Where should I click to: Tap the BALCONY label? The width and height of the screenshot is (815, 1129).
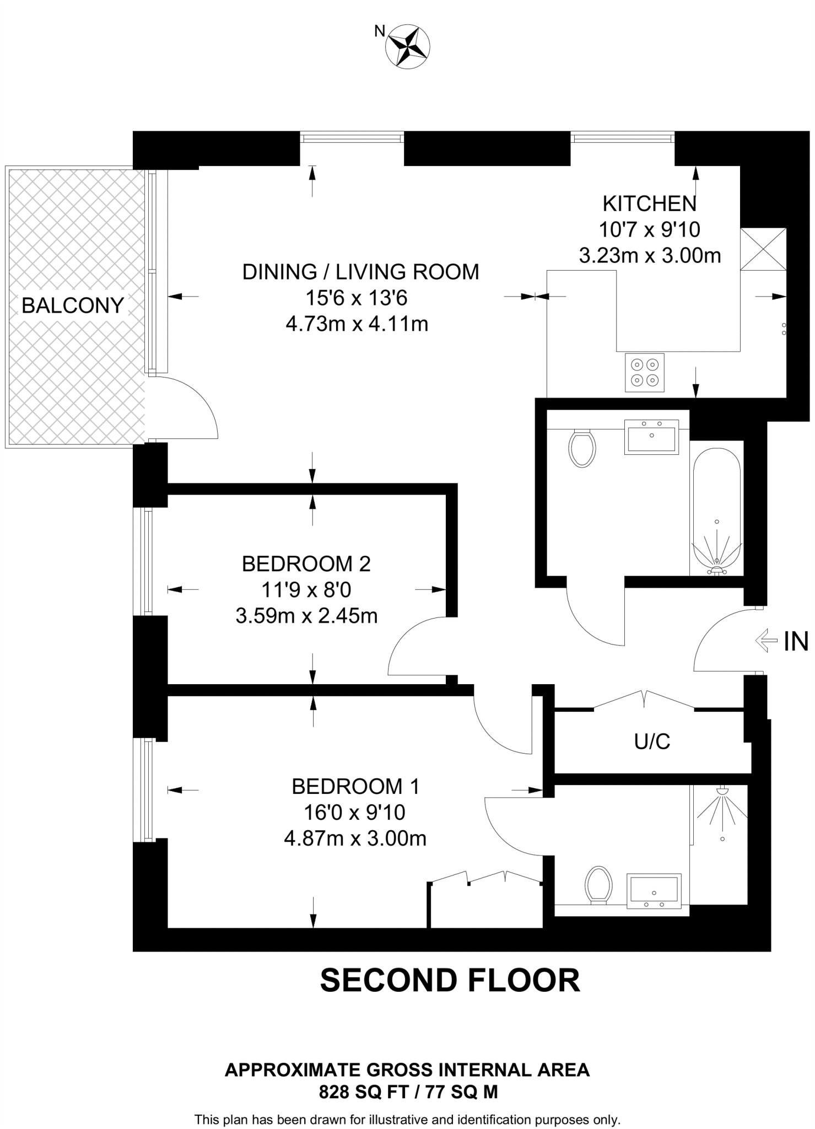pyautogui.click(x=73, y=305)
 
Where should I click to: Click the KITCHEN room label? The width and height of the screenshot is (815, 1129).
pyautogui.click(x=650, y=204)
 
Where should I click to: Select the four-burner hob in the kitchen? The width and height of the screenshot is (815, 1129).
pyautogui.click(x=645, y=373)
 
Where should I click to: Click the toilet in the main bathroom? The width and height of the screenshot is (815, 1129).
pyautogui.click(x=582, y=448)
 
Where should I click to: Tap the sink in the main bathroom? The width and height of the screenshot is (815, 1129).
pyautogui.click(x=651, y=437)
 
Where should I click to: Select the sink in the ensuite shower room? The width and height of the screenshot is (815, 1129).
pyautogui.click(x=655, y=891)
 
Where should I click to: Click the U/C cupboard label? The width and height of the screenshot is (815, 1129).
pyautogui.click(x=652, y=742)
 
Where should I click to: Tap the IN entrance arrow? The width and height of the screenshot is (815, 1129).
pyautogui.click(x=770, y=641)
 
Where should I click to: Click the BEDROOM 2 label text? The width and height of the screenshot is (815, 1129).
pyautogui.click(x=306, y=564)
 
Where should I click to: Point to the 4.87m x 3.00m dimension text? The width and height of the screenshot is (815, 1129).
pyautogui.click(x=355, y=838)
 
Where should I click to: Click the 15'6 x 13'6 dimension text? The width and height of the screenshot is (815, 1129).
pyautogui.click(x=357, y=298)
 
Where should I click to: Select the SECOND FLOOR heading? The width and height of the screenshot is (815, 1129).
pyautogui.click(x=450, y=981)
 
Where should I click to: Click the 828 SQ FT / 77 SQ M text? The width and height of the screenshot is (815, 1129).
pyautogui.click(x=408, y=1092)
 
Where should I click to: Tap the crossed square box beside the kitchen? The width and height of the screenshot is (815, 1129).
pyautogui.click(x=763, y=249)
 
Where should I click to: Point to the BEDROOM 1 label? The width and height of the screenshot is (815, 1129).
pyautogui.click(x=356, y=786)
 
